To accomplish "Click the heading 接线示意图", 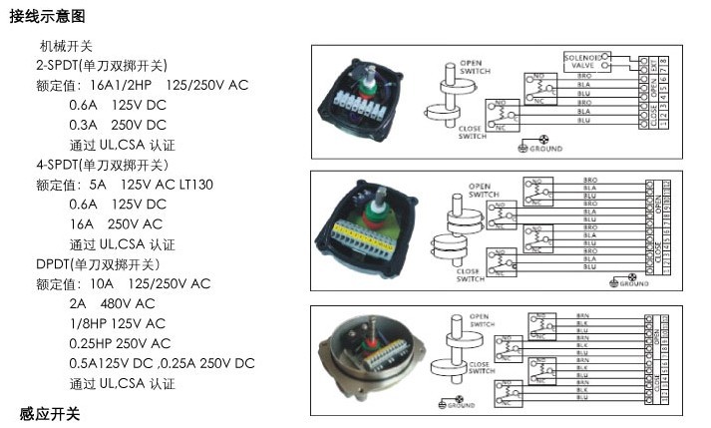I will click(47, 17).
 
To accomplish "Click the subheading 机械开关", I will click(66, 46).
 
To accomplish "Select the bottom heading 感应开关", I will click(50, 413).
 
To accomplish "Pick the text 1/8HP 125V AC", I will click(118, 324).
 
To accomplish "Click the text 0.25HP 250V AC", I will click(118, 344).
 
